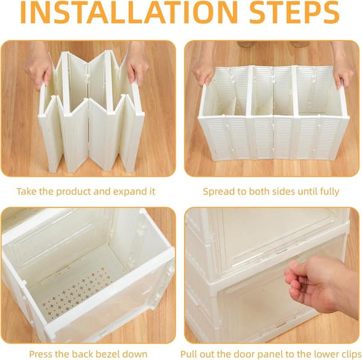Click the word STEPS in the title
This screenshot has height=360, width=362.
(x=294, y=12)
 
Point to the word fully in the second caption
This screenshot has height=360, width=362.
(x=329, y=191)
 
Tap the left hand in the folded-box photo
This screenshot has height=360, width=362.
(x=39, y=65)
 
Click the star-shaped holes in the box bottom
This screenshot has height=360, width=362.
(x=77, y=291)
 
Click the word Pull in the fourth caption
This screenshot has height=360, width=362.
(x=189, y=354)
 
